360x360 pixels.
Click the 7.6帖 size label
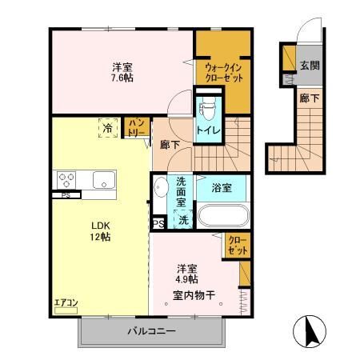pyautogui.click(x=122, y=78)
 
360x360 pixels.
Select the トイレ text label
pyautogui.click(x=209, y=128)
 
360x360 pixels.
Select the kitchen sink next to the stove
pyautogui.click(x=103, y=180)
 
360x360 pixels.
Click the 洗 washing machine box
pyautogui.click(x=182, y=219)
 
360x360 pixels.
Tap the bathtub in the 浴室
pyautogui.click(x=222, y=217)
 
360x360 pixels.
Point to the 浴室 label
pyautogui.click(x=222, y=189)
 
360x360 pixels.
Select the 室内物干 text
pyautogui.click(x=194, y=294)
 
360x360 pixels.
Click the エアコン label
pyautogui.click(x=66, y=302)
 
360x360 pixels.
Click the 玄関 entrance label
pyautogui.click(x=310, y=66)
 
